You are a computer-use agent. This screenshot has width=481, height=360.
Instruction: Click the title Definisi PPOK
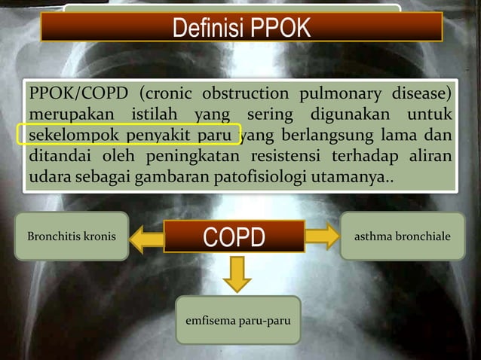click(240, 28)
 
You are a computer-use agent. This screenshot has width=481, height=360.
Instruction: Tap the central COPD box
click(234, 237)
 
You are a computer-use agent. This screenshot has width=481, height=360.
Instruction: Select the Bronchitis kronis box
click(72, 236)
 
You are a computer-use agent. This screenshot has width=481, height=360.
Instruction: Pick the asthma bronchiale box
click(403, 236)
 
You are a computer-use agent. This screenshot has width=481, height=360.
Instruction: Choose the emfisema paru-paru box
click(237, 320)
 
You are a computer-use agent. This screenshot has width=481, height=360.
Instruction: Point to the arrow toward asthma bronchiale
click(322, 236)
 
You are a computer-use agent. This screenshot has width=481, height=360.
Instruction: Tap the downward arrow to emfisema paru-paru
click(237, 273)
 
